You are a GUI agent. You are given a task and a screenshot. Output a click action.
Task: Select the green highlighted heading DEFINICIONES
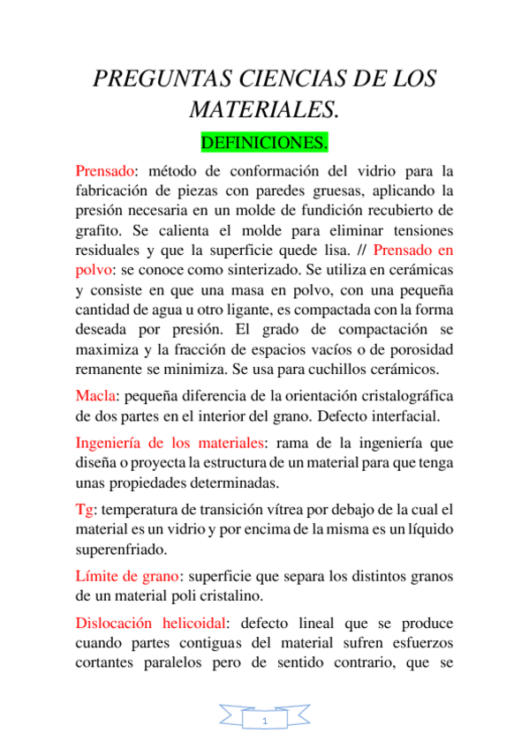tap(265, 141)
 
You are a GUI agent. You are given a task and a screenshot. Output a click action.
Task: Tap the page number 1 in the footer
tap(265, 721)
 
